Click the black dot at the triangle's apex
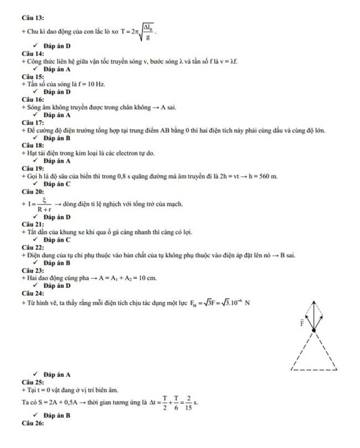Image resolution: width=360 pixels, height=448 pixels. (314, 330)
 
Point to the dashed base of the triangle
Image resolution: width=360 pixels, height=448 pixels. (314, 369)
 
